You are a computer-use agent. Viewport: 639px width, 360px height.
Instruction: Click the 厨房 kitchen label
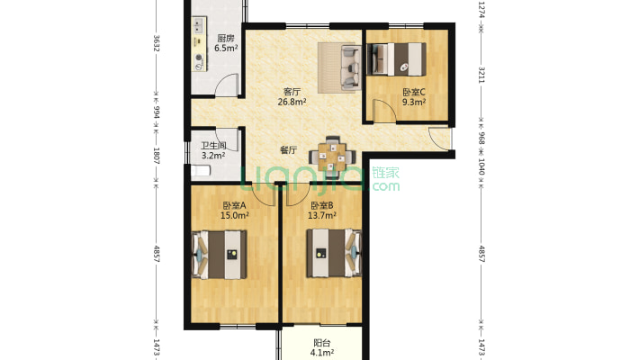point(226,39)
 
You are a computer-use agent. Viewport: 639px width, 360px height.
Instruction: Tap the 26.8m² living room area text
point(292,102)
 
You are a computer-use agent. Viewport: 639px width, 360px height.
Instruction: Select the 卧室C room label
point(414,92)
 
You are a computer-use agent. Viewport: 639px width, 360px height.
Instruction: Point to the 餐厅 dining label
point(288,150)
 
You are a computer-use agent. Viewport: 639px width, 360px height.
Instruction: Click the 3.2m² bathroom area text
point(213,156)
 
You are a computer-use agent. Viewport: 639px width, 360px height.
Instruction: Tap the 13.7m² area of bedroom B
point(322,215)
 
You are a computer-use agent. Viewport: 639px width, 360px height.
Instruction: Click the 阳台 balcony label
point(322,343)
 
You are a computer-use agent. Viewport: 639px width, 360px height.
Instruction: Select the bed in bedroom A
point(220,255)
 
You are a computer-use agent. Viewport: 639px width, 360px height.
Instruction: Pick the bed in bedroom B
point(334,253)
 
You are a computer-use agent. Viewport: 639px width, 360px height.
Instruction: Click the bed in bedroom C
point(397,59)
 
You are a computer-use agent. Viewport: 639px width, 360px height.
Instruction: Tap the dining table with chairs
point(332,155)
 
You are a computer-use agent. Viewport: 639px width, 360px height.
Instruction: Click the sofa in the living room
point(351,67)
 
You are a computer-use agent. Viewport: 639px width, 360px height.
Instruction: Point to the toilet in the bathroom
point(201,170)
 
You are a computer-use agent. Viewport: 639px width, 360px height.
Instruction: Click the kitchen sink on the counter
point(199,25)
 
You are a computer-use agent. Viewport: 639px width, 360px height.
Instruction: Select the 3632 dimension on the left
point(156,43)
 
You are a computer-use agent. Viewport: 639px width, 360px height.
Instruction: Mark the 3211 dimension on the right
point(481,75)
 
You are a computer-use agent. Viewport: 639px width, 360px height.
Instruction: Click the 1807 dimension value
point(156,156)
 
